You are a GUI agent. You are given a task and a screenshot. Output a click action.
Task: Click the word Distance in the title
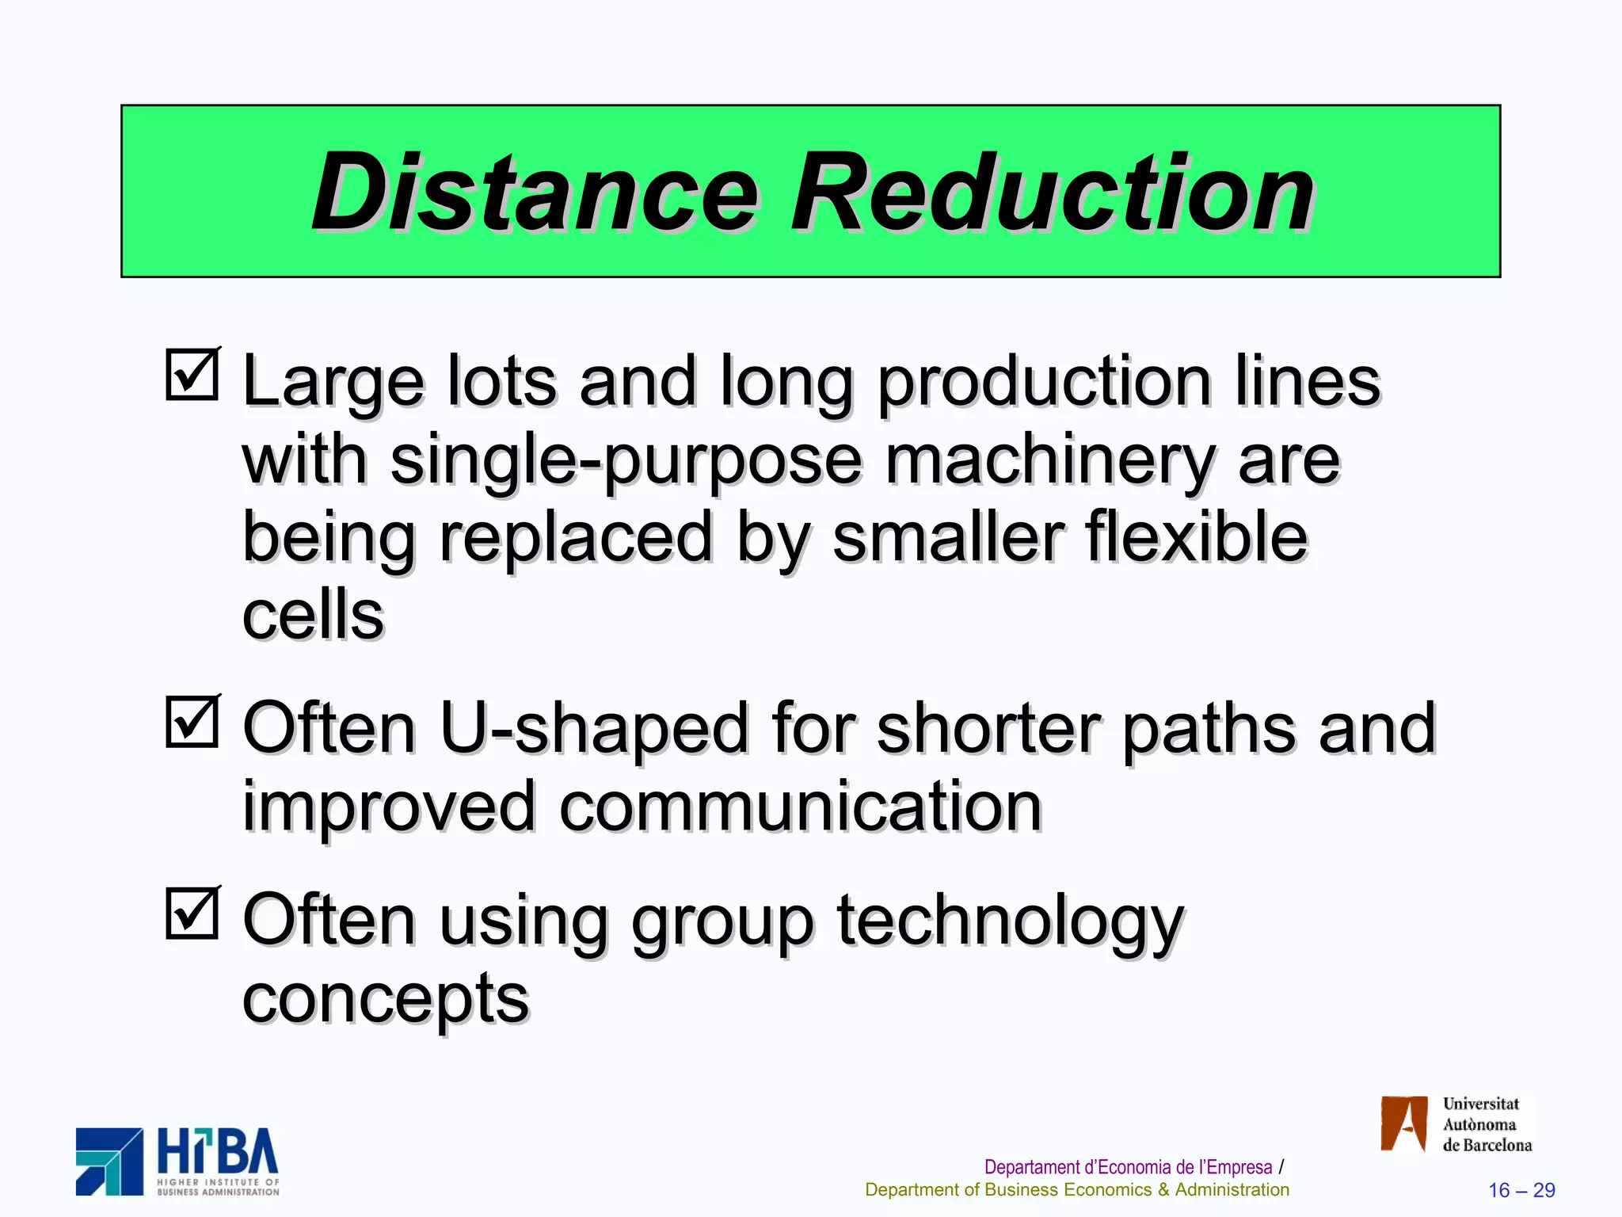coord(535,193)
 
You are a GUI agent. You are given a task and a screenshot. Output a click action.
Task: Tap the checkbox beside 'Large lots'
coord(192,374)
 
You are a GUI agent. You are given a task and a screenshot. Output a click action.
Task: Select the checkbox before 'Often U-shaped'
coord(192,721)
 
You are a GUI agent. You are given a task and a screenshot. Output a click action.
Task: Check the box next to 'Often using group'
coord(192,913)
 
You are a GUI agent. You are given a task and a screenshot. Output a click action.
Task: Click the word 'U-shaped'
coord(594,728)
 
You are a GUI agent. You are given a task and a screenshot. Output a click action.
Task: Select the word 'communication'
coord(800,806)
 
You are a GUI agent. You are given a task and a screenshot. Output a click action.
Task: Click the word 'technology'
coord(1010,921)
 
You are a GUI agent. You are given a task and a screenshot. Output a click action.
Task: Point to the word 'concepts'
coord(386,998)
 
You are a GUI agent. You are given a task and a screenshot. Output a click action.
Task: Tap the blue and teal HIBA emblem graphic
coord(109,1162)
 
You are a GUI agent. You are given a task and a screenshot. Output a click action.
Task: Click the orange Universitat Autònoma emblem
coord(1404,1124)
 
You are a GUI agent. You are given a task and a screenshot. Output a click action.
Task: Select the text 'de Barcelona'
coord(1487,1146)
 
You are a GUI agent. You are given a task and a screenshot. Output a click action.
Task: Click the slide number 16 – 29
coord(1521,1190)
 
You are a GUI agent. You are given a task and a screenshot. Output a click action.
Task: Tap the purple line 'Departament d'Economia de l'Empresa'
coord(1128,1167)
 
